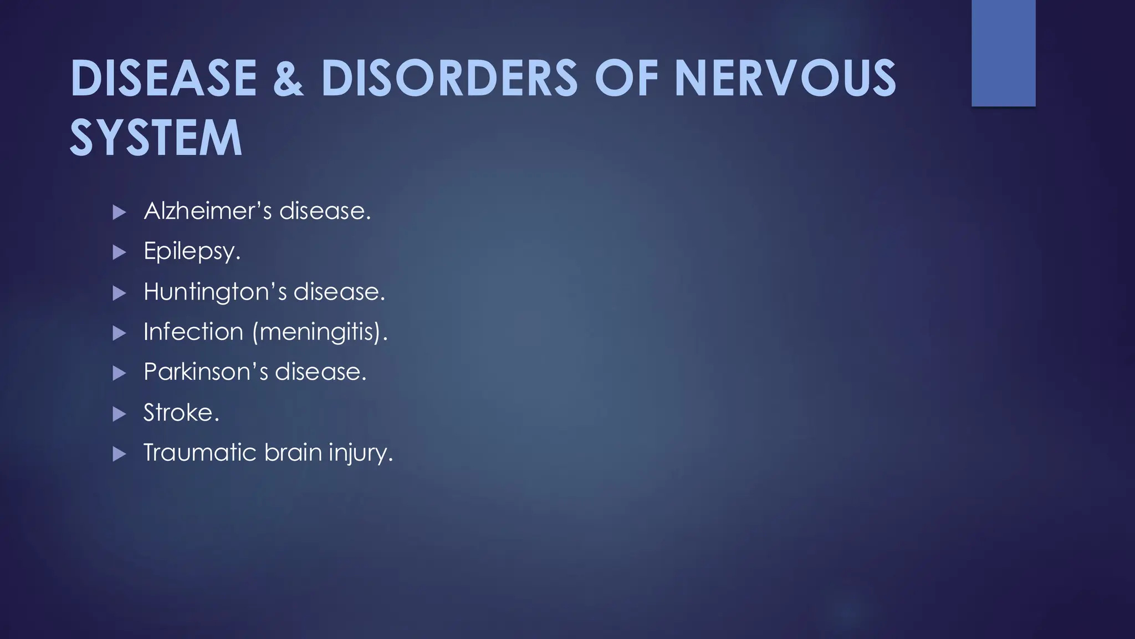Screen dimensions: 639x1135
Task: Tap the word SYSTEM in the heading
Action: coord(156,138)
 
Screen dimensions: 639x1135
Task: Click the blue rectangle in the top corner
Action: coord(1003,53)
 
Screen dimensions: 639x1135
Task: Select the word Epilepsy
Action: coord(191,252)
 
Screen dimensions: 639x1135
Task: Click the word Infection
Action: coord(193,332)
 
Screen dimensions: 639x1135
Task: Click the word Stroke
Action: coord(181,413)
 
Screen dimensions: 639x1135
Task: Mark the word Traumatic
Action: coord(200,453)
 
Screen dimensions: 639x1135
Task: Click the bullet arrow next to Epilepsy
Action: coord(119,253)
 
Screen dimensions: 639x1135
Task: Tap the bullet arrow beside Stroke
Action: coord(119,414)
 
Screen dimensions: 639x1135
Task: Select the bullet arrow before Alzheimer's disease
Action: coord(119,212)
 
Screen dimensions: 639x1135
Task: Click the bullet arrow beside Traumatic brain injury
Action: coord(119,454)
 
